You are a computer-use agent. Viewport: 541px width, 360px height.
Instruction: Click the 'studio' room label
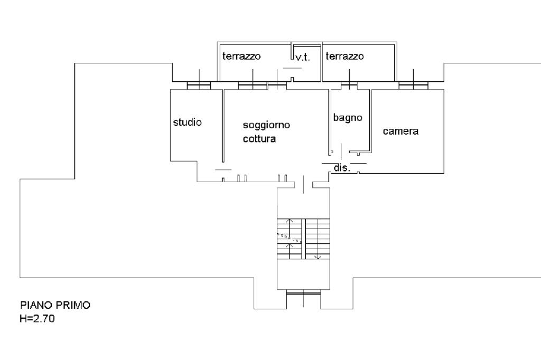click(188, 122)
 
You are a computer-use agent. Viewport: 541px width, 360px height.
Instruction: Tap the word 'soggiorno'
click(266, 125)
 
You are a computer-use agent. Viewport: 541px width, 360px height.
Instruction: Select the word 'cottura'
click(259, 139)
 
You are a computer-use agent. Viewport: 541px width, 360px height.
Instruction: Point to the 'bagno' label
click(348, 118)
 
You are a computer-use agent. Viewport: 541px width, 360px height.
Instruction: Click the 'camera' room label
click(400, 131)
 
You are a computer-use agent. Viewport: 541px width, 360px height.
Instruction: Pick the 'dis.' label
click(342, 168)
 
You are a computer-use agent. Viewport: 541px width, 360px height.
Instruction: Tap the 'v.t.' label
click(303, 57)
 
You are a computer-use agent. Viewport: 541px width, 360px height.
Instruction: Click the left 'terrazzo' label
click(241, 56)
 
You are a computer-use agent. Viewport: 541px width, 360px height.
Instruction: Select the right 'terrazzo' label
click(344, 56)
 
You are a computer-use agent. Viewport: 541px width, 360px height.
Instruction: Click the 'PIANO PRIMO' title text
click(55, 305)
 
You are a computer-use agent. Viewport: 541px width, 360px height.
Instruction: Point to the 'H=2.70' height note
click(38, 319)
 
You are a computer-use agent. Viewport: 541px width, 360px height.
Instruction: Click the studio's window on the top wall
click(199, 86)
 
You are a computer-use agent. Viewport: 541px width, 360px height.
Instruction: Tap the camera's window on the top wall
click(413, 86)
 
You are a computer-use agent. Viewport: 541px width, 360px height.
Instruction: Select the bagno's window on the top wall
click(349, 86)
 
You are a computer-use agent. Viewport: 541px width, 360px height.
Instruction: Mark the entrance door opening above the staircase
click(304, 185)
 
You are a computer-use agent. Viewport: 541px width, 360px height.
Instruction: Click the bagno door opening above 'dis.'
click(341, 151)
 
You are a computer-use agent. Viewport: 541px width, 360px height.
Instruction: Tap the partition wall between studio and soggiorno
click(223, 126)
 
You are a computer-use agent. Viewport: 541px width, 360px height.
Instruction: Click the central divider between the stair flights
click(304, 239)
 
